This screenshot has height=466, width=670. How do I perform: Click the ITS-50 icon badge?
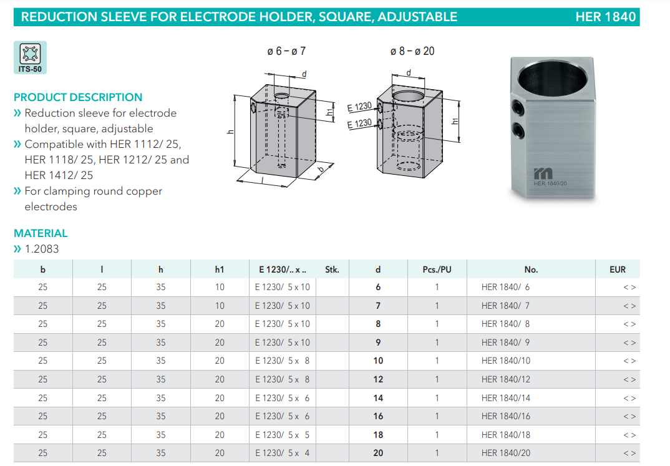pos(30,57)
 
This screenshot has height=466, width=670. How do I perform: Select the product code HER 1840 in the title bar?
pos(605,17)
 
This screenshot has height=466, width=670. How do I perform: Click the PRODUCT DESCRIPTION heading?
pos(78,97)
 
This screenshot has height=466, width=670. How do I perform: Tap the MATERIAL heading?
pos(41,233)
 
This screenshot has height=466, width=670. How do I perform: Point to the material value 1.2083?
pos(42,249)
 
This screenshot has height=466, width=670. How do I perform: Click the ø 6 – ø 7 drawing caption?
pos(286,51)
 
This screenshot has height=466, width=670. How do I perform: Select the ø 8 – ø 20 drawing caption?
pos(412,51)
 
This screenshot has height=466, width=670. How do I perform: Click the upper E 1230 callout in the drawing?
pos(359,107)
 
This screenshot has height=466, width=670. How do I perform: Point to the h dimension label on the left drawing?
pos(230,132)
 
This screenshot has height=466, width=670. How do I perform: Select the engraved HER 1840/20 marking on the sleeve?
pos(550,183)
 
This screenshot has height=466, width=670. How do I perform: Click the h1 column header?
pos(220,269)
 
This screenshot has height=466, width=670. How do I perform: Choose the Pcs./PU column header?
pos(437,269)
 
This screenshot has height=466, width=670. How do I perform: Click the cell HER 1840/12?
pos(505,379)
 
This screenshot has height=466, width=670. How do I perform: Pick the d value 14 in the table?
pos(378,398)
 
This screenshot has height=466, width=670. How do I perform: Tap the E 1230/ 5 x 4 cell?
pos(283,453)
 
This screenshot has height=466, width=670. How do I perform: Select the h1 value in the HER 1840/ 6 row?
pos(220,288)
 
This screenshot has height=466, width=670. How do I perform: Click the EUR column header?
pos(618,269)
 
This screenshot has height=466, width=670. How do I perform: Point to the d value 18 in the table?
pos(378,435)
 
